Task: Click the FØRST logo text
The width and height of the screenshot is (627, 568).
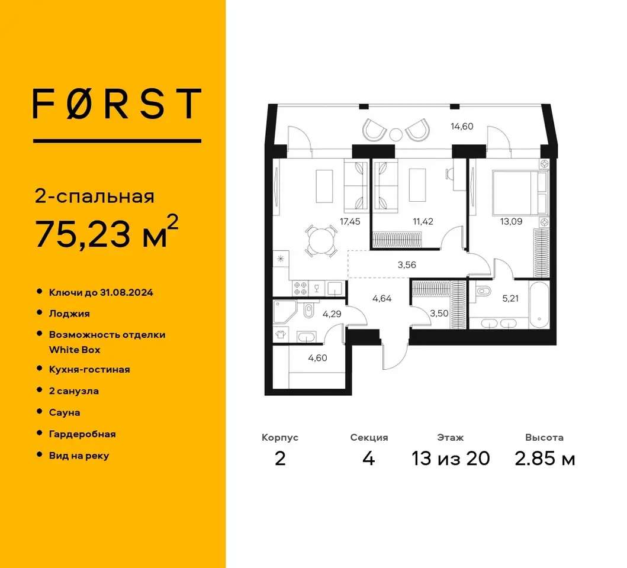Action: click(x=117, y=104)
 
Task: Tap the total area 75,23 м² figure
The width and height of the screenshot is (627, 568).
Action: click(x=107, y=233)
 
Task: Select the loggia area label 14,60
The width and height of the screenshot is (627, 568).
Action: click(x=462, y=126)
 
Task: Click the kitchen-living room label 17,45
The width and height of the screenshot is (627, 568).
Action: click(x=350, y=221)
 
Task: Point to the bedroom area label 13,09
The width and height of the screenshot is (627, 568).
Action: click(x=511, y=221)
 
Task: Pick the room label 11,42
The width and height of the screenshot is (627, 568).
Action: click(x=423, y=221)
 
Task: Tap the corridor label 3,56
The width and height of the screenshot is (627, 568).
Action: click(x=407, y=264)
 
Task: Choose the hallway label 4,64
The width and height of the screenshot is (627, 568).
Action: click(x=382, y=298)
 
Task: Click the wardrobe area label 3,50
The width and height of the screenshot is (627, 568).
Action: click(x=439, y=314)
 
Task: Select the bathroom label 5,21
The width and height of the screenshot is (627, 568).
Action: click(x=510, y=298)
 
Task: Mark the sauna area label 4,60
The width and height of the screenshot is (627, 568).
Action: click(x=317, y=358)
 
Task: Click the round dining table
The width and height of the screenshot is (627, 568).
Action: click(x=321, y=241)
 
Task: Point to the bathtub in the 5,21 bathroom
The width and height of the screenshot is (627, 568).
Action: click(x=539, y=305)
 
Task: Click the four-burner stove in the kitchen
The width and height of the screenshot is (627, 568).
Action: click(x=300, y=288)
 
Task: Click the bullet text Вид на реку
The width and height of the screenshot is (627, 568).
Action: click(x=79, y=456)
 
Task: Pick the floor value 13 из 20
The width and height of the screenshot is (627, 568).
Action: click(x=451, y=458)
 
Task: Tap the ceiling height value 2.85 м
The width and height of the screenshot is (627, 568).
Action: click(x=545, y=458)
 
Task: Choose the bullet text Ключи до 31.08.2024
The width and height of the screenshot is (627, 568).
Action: click(x=101, y=293)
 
